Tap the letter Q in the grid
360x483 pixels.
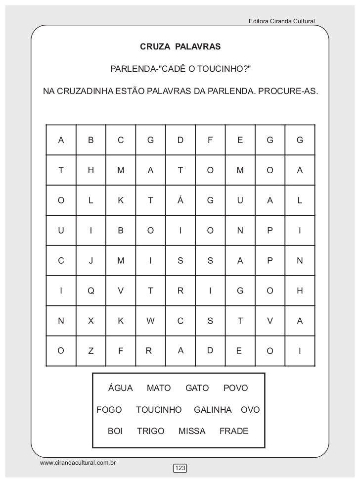point(90,291)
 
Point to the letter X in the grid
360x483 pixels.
point(90,321)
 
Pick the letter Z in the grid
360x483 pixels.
point(90,351)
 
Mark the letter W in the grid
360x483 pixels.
point(150,321)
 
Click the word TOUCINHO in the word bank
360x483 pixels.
point(159,410)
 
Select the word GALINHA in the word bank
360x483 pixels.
point(213,410)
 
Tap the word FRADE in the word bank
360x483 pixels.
point(234,432)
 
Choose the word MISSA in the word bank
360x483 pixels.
point(192,432)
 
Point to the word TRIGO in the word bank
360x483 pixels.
point(150,432)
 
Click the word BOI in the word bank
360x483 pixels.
point(115,432)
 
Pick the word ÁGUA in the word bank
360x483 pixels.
point(121,388)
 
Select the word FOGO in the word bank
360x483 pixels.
point(109,410)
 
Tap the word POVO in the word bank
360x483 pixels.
point(236,388)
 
